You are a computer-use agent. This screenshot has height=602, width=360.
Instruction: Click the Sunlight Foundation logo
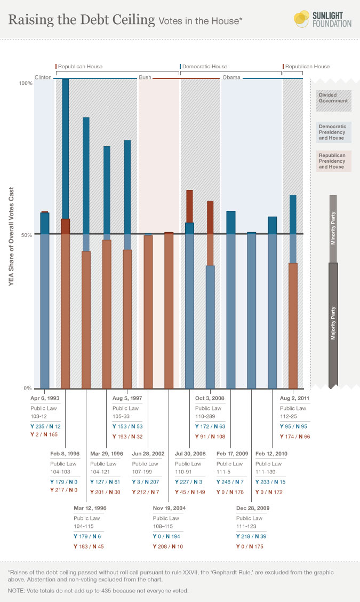click(x=322, y=19)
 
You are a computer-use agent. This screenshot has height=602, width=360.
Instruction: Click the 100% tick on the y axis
click(x=26, y=83)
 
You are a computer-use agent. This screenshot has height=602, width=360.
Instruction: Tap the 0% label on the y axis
click(x=28, y=388)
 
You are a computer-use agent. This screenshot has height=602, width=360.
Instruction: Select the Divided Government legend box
click(x=333, y=98)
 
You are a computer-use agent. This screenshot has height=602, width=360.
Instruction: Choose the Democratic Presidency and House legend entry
click(x=333, y=132)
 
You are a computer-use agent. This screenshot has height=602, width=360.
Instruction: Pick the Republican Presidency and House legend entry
click(x=333, y=161)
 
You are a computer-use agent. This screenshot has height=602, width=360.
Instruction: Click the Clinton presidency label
click(x=43, y=77)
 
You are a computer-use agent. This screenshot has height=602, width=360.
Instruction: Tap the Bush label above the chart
click(x=145, y=77)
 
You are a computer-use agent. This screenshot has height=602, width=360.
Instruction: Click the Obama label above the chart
click(x=231, y=77)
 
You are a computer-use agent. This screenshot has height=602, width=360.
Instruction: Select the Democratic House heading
click(x=204, y=67)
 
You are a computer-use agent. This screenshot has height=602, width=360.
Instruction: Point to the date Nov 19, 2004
click(x=169, y=509)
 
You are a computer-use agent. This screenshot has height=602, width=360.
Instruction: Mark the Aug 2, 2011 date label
click(x=294, y=398)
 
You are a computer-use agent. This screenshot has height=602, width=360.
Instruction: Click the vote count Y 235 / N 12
click(x=45, y=426)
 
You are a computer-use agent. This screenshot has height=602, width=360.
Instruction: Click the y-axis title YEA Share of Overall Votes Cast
click(x=11, y=235)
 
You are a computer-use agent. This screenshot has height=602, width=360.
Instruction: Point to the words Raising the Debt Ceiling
click(x=81, y=20)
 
